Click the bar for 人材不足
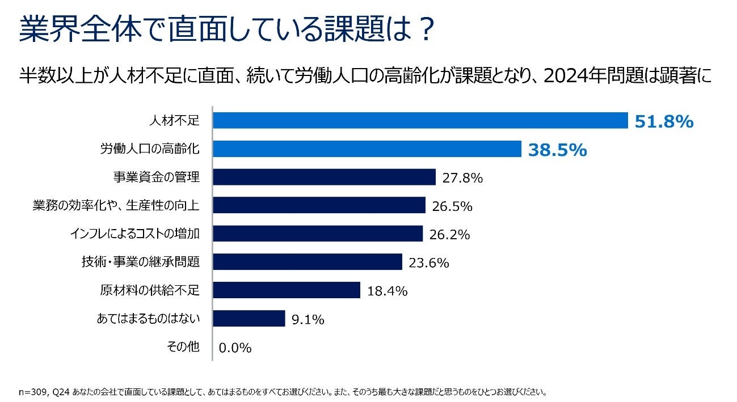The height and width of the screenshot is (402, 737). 420,121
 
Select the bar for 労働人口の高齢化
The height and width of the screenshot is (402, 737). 367,149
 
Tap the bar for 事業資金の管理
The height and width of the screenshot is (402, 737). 324,177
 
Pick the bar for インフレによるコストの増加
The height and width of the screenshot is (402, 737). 318,234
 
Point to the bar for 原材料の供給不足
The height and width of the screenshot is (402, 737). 287,290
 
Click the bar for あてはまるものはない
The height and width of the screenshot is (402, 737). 249,319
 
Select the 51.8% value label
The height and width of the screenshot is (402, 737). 664,121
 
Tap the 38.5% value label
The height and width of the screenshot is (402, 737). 557,150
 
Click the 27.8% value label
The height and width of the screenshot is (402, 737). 462,178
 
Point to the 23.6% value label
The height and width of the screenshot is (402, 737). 428,263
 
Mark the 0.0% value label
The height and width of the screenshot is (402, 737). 235,348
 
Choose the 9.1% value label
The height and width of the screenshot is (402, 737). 308,319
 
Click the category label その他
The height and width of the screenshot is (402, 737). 183,347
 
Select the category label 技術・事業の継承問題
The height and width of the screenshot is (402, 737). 141,262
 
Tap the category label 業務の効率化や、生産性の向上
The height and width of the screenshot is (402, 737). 116,205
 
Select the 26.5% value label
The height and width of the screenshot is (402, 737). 452,206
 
